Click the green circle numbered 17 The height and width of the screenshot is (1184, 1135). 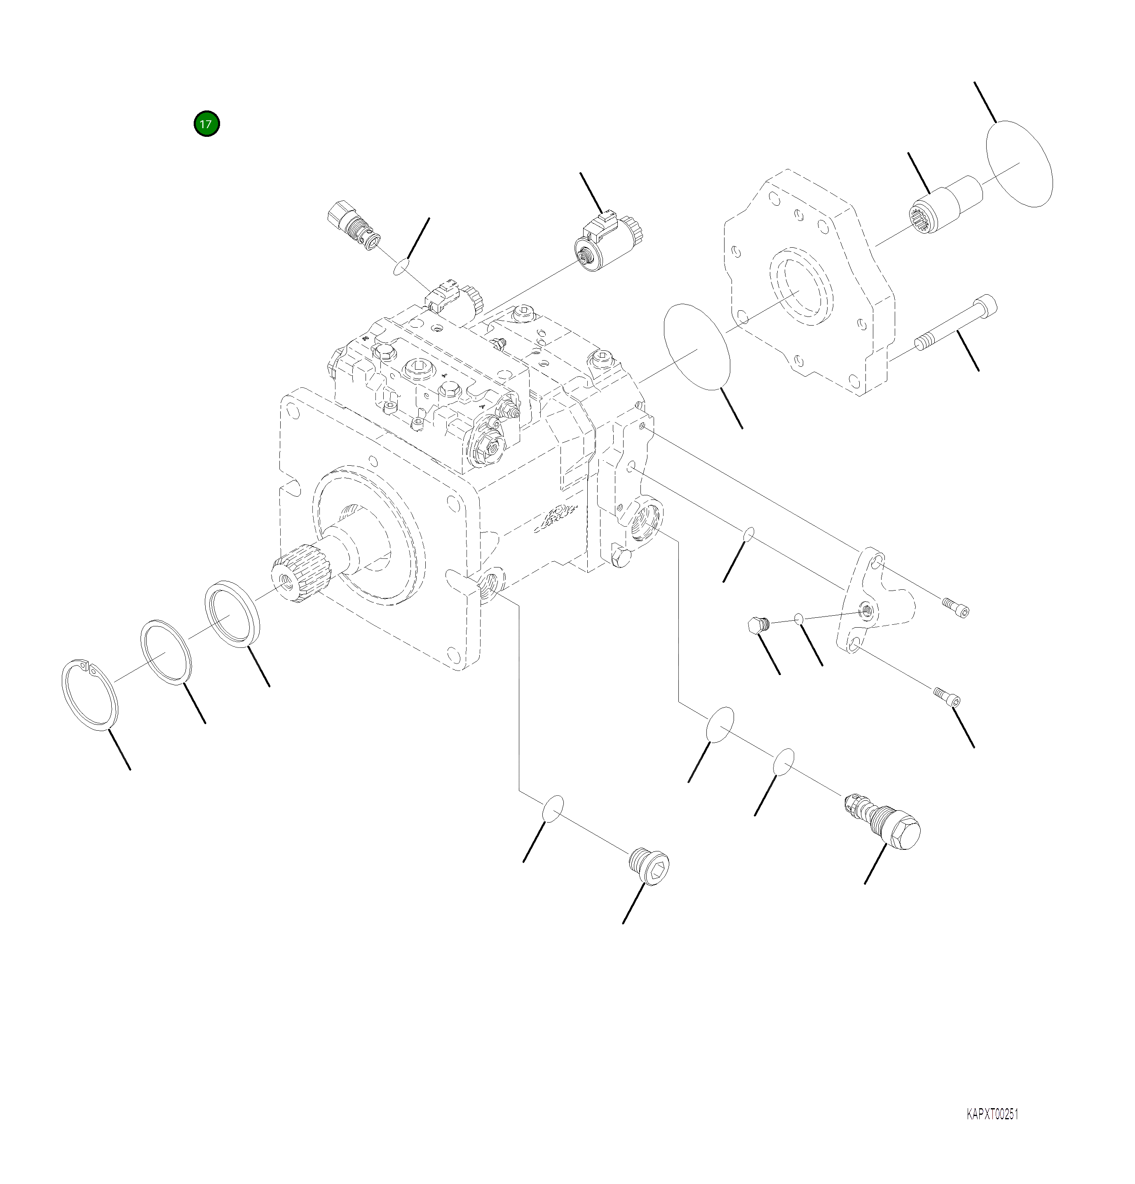(206, 124)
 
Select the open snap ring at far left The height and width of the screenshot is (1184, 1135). (91, 695)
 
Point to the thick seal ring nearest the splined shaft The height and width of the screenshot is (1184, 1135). (232, 613)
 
